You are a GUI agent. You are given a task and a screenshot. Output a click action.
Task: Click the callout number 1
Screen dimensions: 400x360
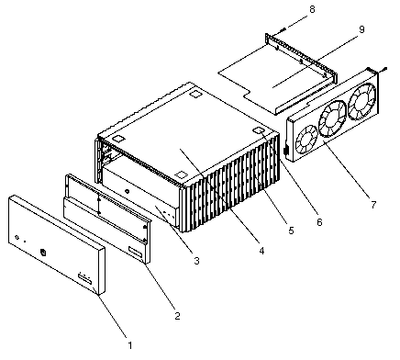click(x=130, y=345)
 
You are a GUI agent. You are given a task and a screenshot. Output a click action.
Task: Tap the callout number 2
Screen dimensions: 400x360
click(x=178, y=316)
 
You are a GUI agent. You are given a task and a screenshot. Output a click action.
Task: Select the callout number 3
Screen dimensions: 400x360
click(x=196, y=261)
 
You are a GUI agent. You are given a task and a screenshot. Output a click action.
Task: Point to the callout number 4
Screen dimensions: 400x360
click(x=261, y=251)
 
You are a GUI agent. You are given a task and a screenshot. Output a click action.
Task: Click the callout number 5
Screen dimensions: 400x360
click(x=291, y=231)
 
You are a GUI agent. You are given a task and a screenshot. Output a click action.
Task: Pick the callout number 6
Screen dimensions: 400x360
click(x=319, y=222)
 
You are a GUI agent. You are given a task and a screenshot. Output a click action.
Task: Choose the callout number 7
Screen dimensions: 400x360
click(x=373, y=205)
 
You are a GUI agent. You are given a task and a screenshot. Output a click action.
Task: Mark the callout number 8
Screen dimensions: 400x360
click(x=312, y=9)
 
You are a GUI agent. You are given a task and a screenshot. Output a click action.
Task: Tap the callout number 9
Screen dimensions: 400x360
click(x=361, y=29)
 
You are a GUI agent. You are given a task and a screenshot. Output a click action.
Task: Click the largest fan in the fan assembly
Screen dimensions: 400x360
click(x=362, y=101)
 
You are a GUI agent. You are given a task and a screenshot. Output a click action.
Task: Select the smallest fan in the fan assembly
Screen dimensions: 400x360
click(x=307, y=140)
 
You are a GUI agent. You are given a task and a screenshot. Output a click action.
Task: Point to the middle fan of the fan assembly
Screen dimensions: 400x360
click(x=332, y=119)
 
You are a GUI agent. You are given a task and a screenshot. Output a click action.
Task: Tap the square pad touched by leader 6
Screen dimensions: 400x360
click(x=259, y=130)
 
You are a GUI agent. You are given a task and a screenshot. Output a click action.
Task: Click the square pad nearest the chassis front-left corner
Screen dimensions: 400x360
click(x=118, y=139)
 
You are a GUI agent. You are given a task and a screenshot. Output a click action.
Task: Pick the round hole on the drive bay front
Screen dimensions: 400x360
click(x=128, y=192)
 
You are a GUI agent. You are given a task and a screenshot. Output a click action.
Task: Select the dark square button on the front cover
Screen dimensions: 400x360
click(x=43, y=253)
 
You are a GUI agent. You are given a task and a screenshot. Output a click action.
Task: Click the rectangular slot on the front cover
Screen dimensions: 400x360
click(x=84, y=279)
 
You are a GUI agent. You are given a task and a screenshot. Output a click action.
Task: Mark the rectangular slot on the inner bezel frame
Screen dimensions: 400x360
click(x=136, y=253)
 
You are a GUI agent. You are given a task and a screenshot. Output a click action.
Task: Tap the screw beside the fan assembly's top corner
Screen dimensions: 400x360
click(x=383, y=70)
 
